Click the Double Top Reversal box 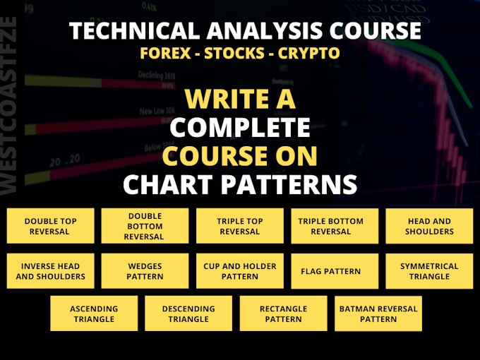click(x=51, y=226)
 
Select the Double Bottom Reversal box click(x=145, y=226)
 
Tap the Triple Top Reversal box click(x=239, y=226)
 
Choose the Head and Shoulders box click(x=429, y=226)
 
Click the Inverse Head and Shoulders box click(x=51, y=271)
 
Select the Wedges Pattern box click(x=145, y=271)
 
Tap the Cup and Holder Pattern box click(x=239, y=271)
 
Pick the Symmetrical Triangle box click(x=429, y=271)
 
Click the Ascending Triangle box click(x=94, y=313)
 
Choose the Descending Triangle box click(x=188, y=313)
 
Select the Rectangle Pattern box click(x=283, y=313)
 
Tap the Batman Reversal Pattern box click(x=378, y=313)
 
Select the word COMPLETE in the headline click(x=239, y=128)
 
